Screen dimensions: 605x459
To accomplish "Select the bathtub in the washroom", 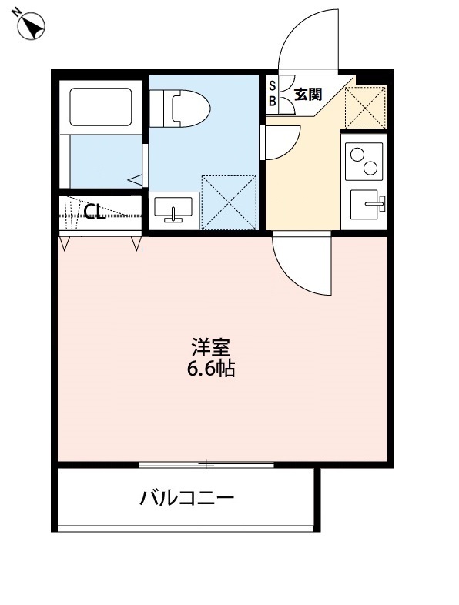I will [101, 107].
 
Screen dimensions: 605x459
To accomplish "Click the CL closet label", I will [94, 212].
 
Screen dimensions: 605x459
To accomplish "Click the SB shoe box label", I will [273, 93].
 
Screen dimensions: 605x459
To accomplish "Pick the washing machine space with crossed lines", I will [228, 202].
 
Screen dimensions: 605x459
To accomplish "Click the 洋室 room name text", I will [210, 347].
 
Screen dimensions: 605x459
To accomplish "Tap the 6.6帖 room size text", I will [210, 369].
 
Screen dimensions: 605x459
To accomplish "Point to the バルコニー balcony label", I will [186, 497].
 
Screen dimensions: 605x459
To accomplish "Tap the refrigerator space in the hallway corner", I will [365, 108].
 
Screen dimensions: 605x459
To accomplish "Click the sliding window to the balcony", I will [206, 464].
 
